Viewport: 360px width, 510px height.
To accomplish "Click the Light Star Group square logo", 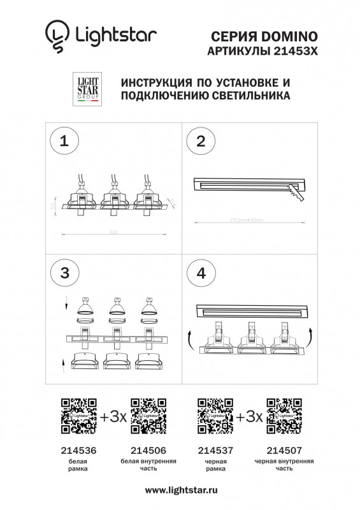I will [x=85, y=89].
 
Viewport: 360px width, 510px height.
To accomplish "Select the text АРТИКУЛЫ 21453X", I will [x=262, y=50].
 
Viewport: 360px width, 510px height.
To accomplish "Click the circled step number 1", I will [x=64, y=142].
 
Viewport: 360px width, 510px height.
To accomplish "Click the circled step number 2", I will [x=201, y=142].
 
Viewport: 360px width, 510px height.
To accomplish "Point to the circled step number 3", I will [x=64, y=273].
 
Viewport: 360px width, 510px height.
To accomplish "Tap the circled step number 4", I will [x=201, y=273].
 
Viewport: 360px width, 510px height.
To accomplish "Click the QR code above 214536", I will [x=78, y=415].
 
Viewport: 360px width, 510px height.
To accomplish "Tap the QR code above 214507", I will [x=284, y=415].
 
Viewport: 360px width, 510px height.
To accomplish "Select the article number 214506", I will [x=147, y=449].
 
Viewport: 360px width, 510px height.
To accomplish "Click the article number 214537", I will [x=215, y=449].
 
